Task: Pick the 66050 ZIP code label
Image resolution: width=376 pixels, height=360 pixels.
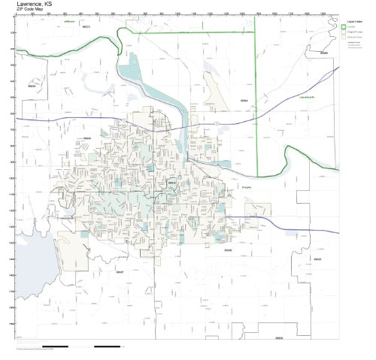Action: (31, 86)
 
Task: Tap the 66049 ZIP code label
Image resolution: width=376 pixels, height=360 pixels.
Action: (86, 138)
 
